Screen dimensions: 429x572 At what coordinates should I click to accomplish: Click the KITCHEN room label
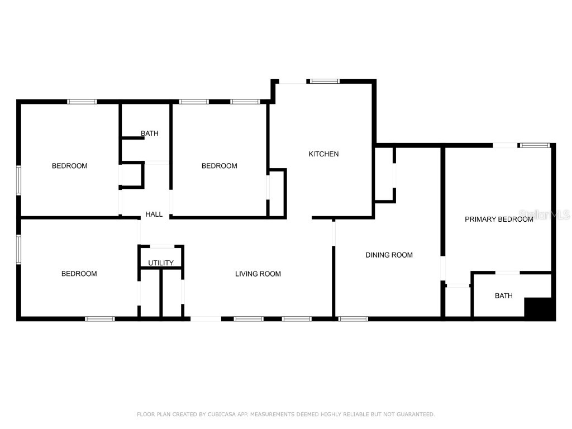point(323,154)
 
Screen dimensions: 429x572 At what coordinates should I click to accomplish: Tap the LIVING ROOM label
point(258,274)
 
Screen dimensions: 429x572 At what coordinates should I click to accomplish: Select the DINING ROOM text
point(389,255)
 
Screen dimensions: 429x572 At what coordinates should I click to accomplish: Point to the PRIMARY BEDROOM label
point(499,220)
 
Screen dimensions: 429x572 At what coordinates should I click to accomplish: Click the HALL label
point(154,214)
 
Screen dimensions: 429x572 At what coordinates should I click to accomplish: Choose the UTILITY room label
point(161,263)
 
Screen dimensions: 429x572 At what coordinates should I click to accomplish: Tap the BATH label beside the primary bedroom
point(503,296)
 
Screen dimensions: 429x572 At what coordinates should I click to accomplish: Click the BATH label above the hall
point(149,134)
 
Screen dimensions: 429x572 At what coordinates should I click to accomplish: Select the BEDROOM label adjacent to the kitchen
point(219,166)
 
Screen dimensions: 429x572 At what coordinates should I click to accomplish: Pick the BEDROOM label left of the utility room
point(79,274)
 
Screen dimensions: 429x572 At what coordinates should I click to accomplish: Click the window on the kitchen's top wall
point(325,82)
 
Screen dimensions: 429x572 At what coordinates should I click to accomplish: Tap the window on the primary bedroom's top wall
point(535,146)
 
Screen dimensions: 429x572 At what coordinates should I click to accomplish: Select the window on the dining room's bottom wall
point(353,319)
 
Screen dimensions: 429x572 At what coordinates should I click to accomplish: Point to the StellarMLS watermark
point(544,214)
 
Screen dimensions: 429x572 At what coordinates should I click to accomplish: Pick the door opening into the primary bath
point(508,273)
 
